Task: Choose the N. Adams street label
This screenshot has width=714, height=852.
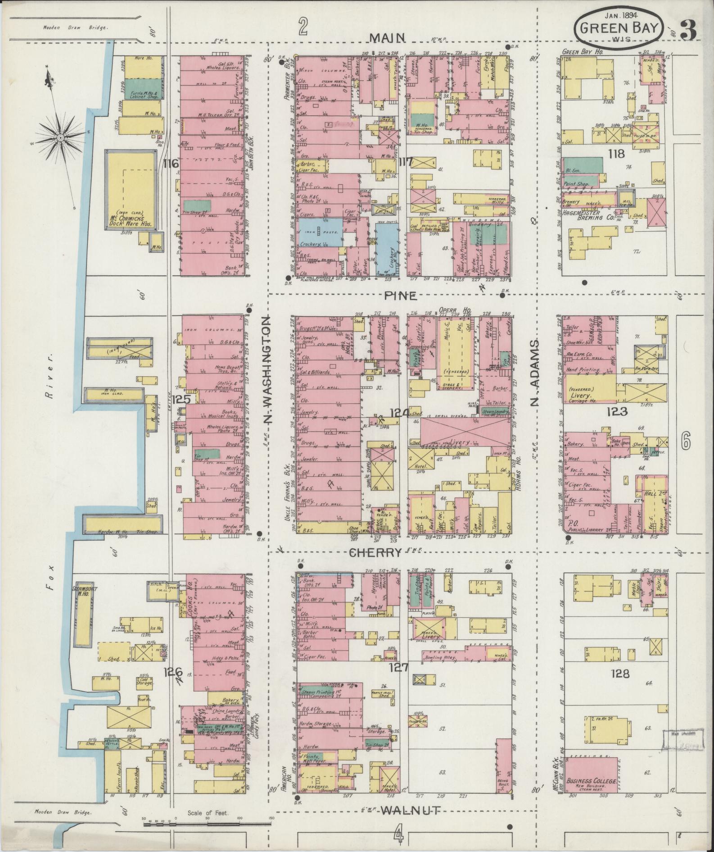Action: point(534,373)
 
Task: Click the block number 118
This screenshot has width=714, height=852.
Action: point(616,154)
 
